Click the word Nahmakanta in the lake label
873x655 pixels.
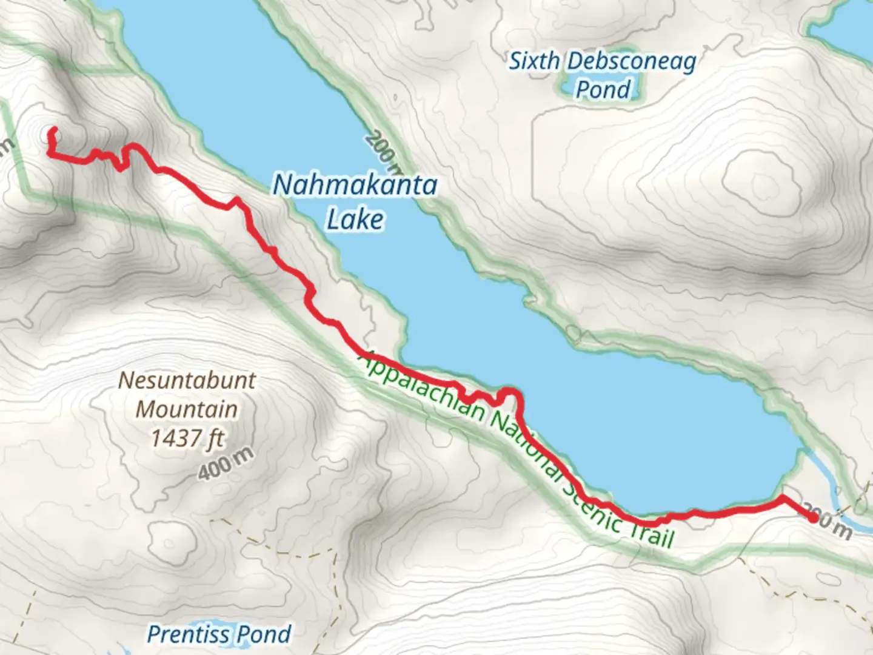pyautogui.click(x=355, y=185)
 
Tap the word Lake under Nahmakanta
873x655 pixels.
pyautogui.click(x=355, y=219)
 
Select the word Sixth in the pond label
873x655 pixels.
pyautogui.click(x=534, y=61)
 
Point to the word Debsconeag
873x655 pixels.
pyautogui.click(x=632, y=62)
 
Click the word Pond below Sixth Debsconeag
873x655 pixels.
pyautogui.click(x=603, y=90)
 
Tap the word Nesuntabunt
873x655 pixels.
pyautogui.click(x=187, y=381)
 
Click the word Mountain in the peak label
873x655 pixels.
pyautogui.click(x=187, y=409)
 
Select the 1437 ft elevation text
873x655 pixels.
pyautogui.click(x=187, y=438)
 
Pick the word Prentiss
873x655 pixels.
pyautogui.click(x=189, y=634)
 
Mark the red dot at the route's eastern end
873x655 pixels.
pyautogui.click(x=813, y=517)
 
